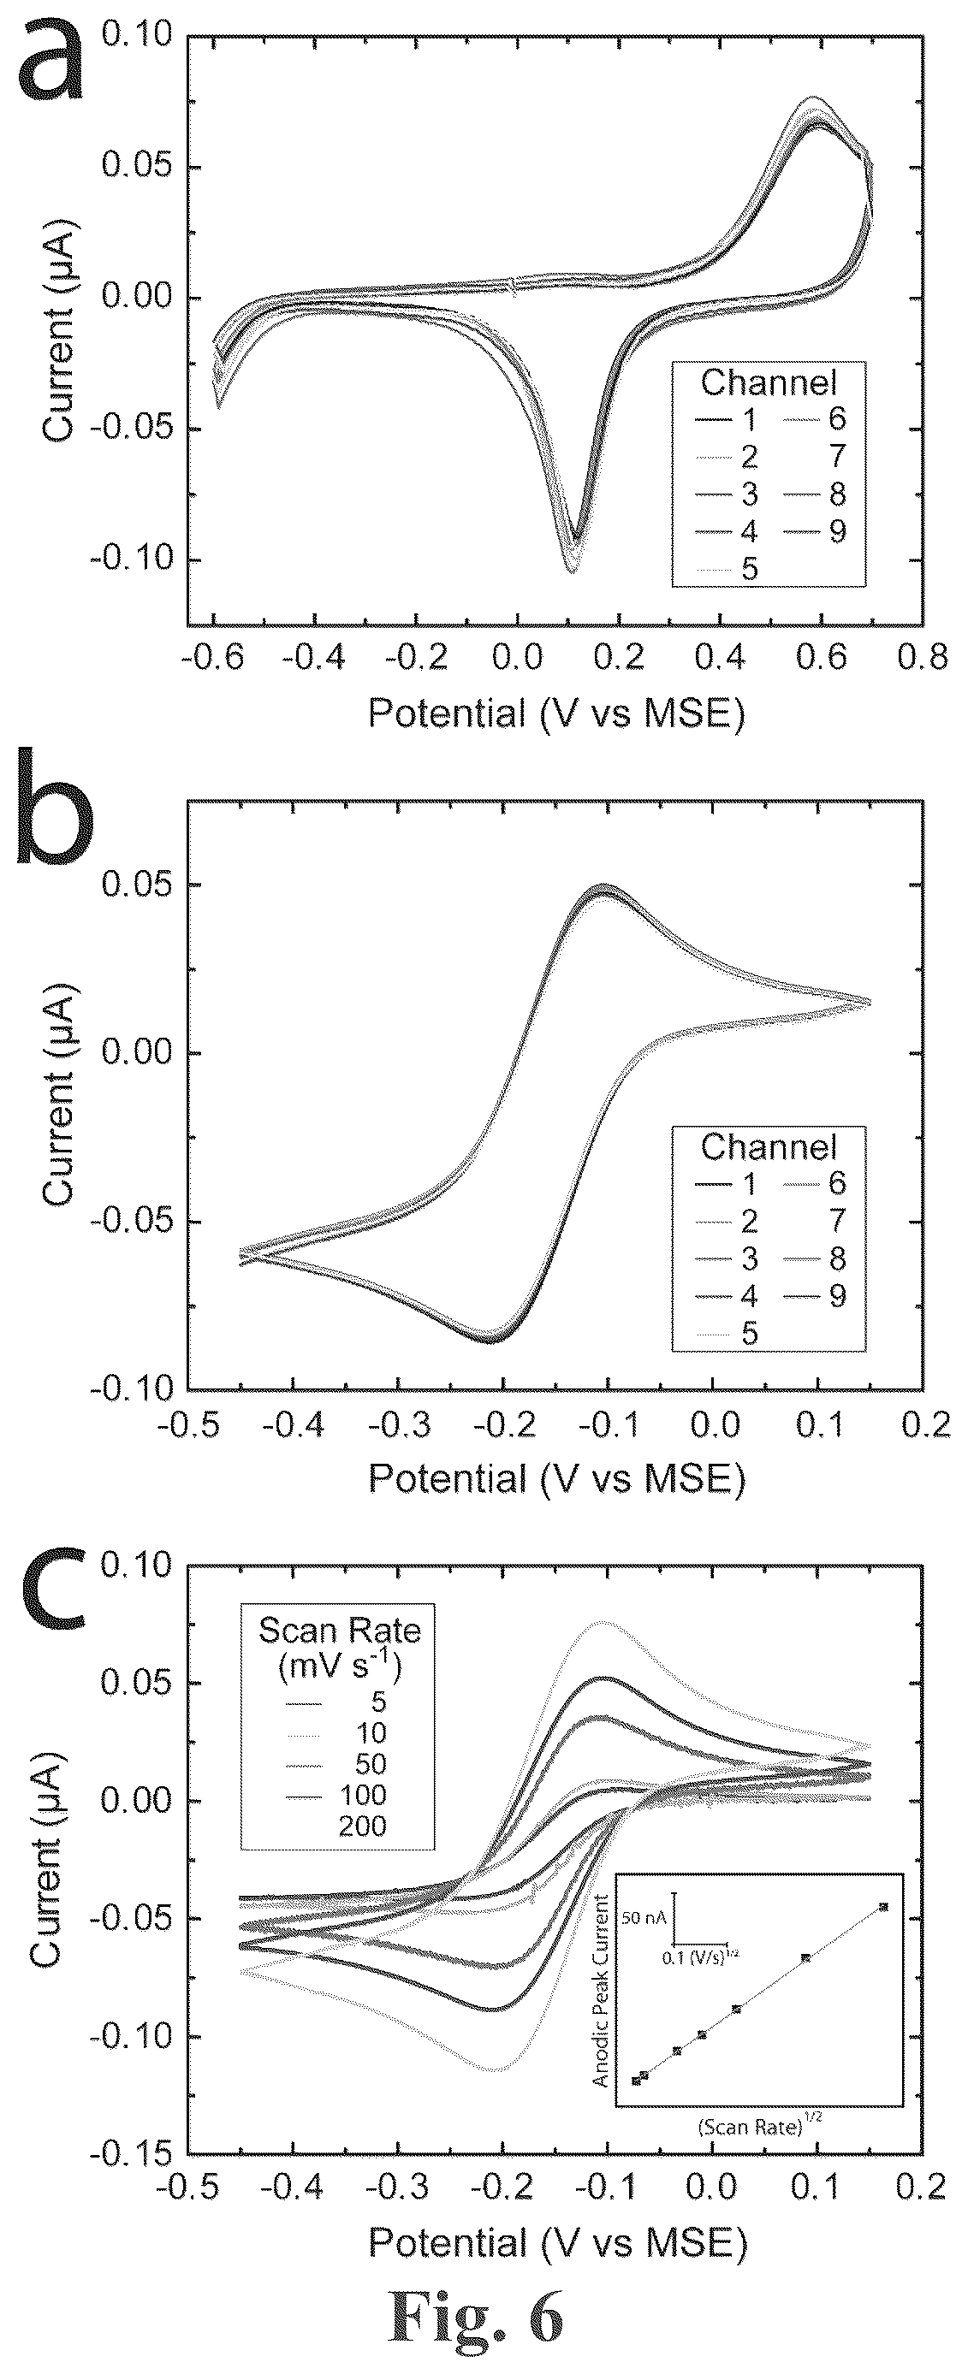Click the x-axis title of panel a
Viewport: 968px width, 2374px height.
click(x=556, y=713)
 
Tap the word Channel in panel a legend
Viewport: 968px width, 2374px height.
click(x=769, y=382)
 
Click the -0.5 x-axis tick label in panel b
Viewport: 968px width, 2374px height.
click(x=188, y=1424)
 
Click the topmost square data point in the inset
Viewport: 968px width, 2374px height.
click(x=883, y=1906)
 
